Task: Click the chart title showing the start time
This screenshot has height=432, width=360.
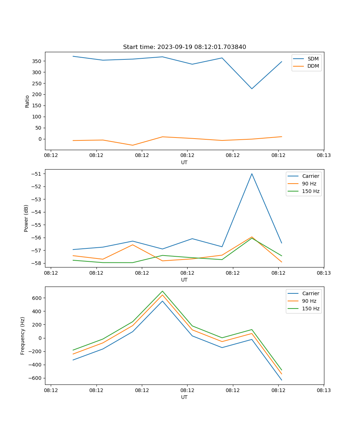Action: [x=184, y=47]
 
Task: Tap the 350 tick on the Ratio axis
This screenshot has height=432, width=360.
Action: [x=37, y=61]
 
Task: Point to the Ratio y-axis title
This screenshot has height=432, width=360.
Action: [x=27, y=101]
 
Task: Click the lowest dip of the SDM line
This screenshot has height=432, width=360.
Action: [x=252, y=89]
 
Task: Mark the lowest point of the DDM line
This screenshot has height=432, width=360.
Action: [x=132, y=145]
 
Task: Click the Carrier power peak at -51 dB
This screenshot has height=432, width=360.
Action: [x=252, y=174]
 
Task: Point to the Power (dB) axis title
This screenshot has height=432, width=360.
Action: [x=26, y=218]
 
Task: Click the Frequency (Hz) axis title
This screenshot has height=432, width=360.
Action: [x=23, y=336]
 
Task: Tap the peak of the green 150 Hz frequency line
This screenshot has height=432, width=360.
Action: [x=162, y=291]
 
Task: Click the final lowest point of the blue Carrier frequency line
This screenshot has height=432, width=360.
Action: [x=282, y=380]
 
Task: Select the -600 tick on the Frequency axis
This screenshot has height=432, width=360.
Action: [x=35, y=378]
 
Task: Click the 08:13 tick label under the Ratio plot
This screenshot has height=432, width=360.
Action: [x=324, y=156]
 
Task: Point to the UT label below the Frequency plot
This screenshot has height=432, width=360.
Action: [x=184, y=397]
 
